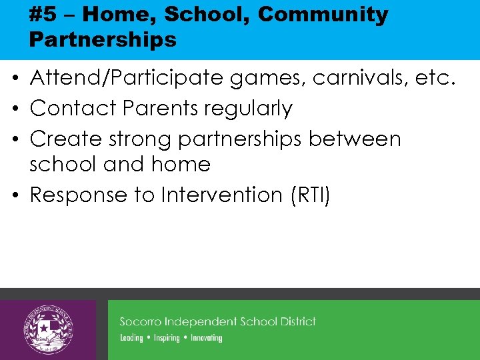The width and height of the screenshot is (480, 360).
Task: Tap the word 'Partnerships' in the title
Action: (103, 39)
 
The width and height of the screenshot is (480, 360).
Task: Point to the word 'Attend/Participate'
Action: (127, 79)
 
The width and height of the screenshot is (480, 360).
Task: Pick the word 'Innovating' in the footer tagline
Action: (206, 338)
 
